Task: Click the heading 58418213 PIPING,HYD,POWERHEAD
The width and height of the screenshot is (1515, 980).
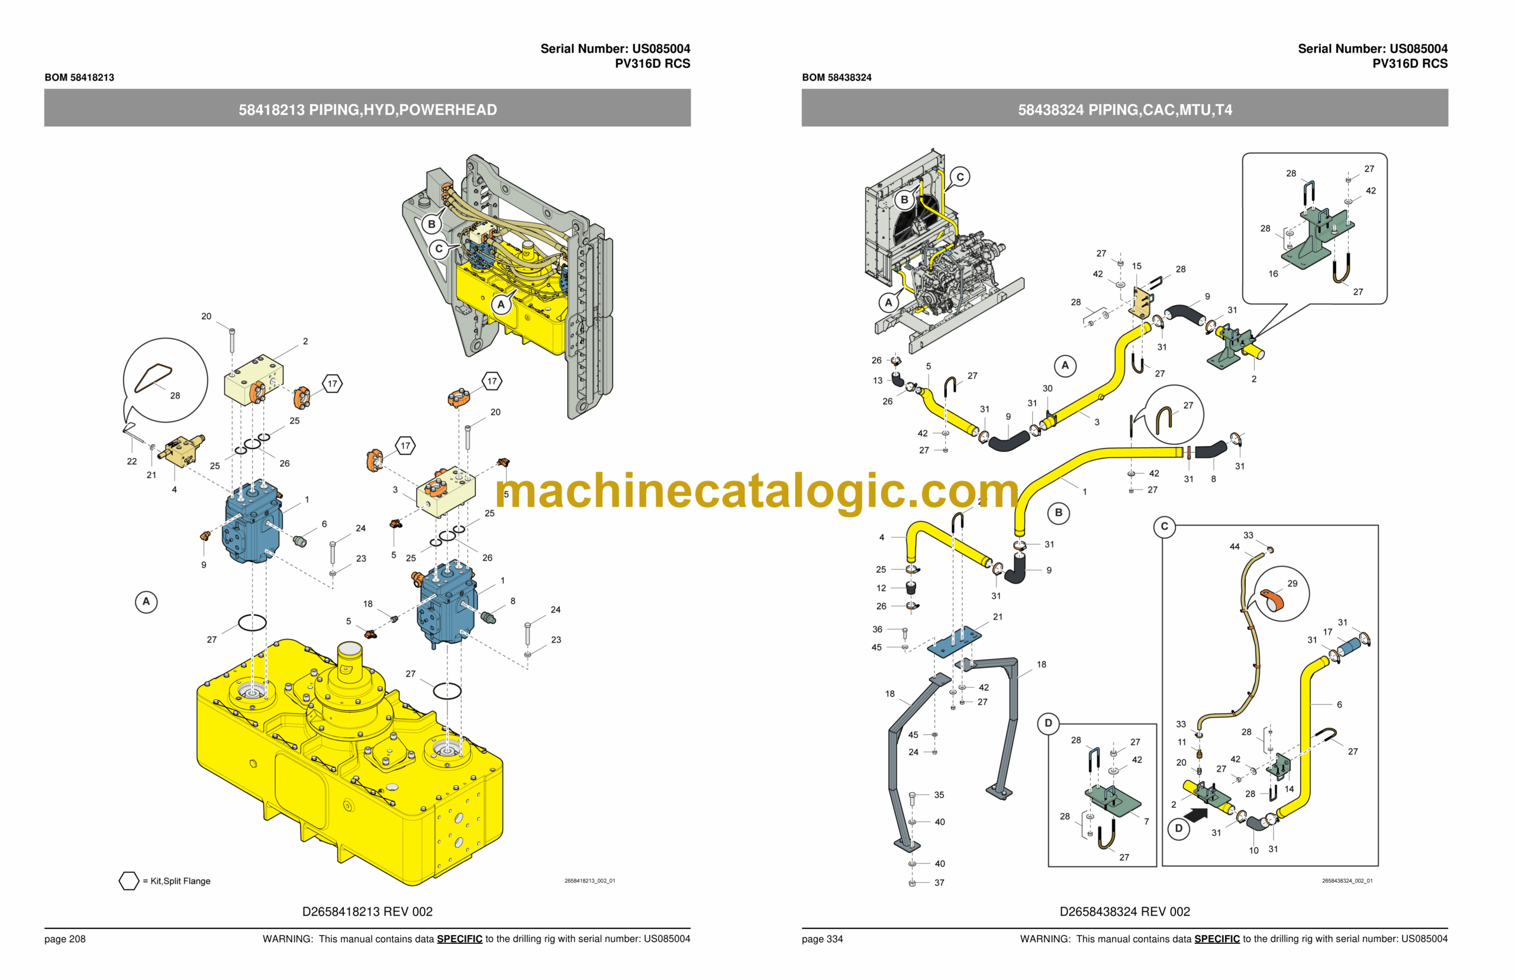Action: [367, 109]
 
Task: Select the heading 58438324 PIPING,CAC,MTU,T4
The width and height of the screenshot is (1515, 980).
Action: [1124, 109]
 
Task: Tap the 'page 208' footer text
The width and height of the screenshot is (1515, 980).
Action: [65, 939]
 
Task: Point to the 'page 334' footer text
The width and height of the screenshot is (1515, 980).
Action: [822, 939]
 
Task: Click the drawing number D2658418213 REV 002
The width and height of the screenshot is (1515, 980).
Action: [367, 911]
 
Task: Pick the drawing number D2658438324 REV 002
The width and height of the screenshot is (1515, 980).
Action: [1124, 911]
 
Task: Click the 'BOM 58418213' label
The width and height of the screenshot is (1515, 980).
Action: [79, 77]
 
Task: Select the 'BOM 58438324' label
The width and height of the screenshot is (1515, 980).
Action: [836, 77]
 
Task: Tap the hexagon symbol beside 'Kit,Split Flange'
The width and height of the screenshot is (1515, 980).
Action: [128, 881]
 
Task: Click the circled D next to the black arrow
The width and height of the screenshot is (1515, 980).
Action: [1178, 829]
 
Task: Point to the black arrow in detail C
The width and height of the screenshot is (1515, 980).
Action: [1197, 814]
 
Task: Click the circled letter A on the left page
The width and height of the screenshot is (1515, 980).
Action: [146, 601]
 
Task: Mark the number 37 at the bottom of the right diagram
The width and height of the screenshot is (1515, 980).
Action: [939, 882]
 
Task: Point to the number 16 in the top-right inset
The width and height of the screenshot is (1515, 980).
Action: [1272, 273]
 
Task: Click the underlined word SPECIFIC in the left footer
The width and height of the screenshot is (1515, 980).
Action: [459, 939]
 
